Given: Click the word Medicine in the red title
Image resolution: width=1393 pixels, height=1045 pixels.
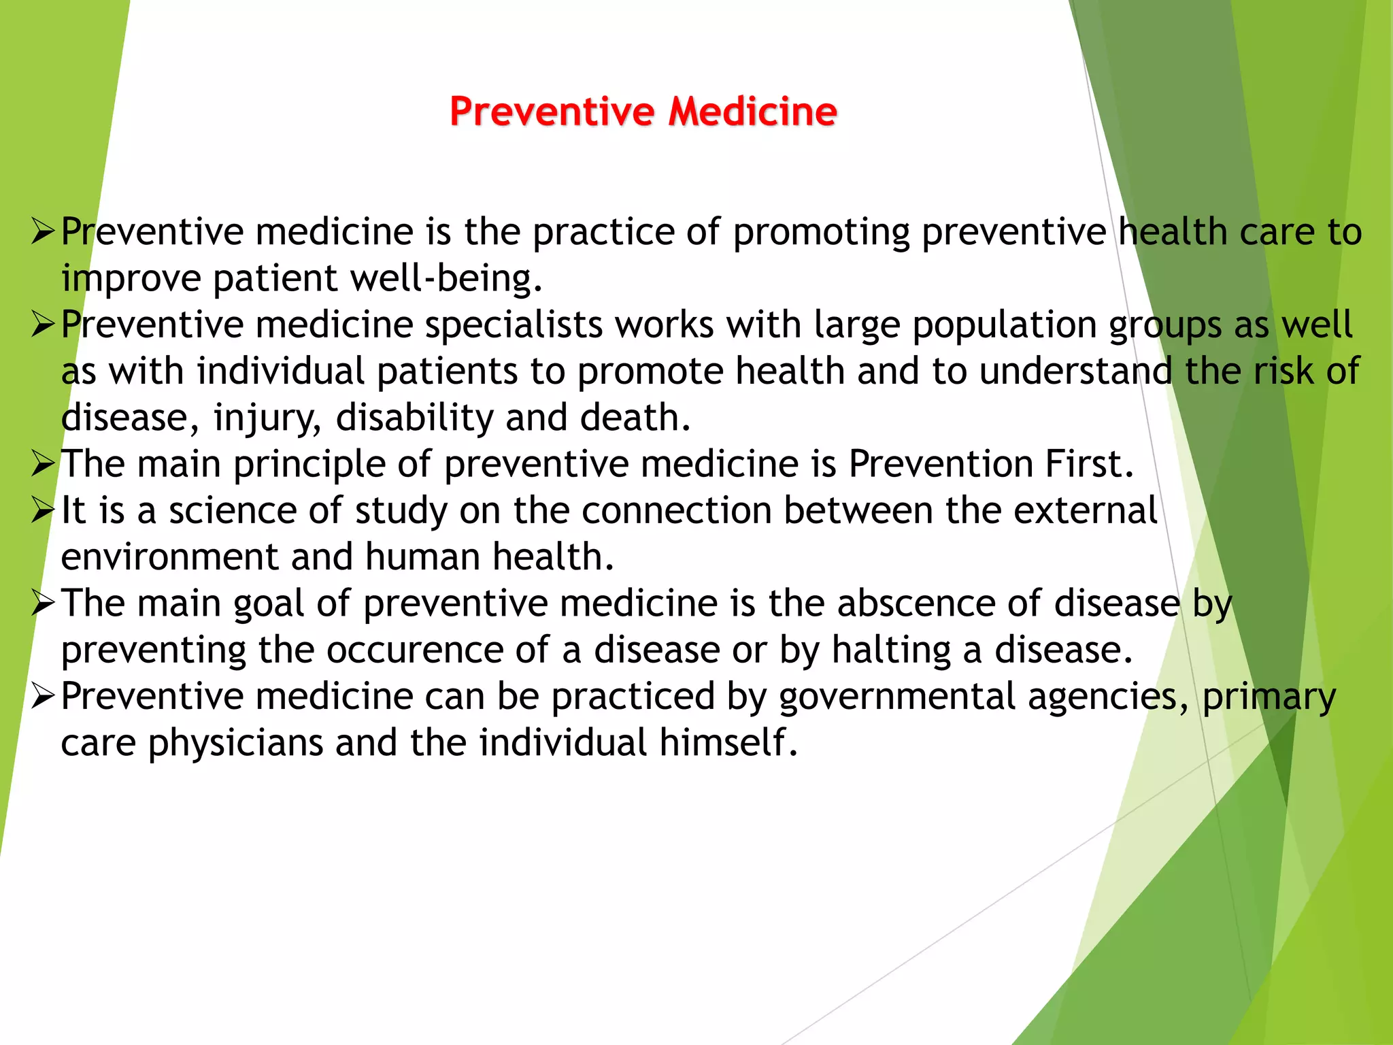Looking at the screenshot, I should point(752,112).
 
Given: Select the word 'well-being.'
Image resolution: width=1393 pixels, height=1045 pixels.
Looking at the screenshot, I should point(446,279).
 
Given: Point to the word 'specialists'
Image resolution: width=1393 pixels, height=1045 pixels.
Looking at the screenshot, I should point(514,325).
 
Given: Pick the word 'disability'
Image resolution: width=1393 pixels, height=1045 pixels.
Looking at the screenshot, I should point(414,418).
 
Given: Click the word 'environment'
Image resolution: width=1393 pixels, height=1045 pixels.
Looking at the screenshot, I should point(169,557).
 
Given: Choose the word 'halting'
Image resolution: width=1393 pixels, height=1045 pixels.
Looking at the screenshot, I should point(891,650).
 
